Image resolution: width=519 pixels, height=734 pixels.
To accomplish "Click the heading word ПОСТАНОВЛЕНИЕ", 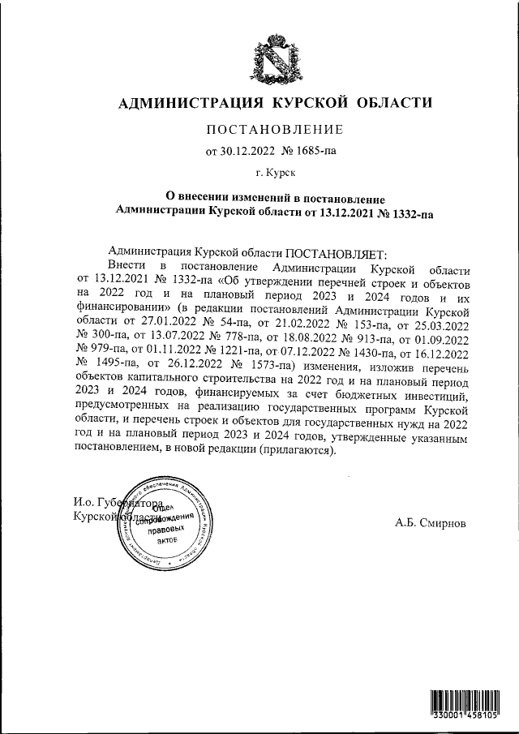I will (x=275, y=129).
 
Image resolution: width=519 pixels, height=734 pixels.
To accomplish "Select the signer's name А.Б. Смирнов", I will (x=431, y=522).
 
